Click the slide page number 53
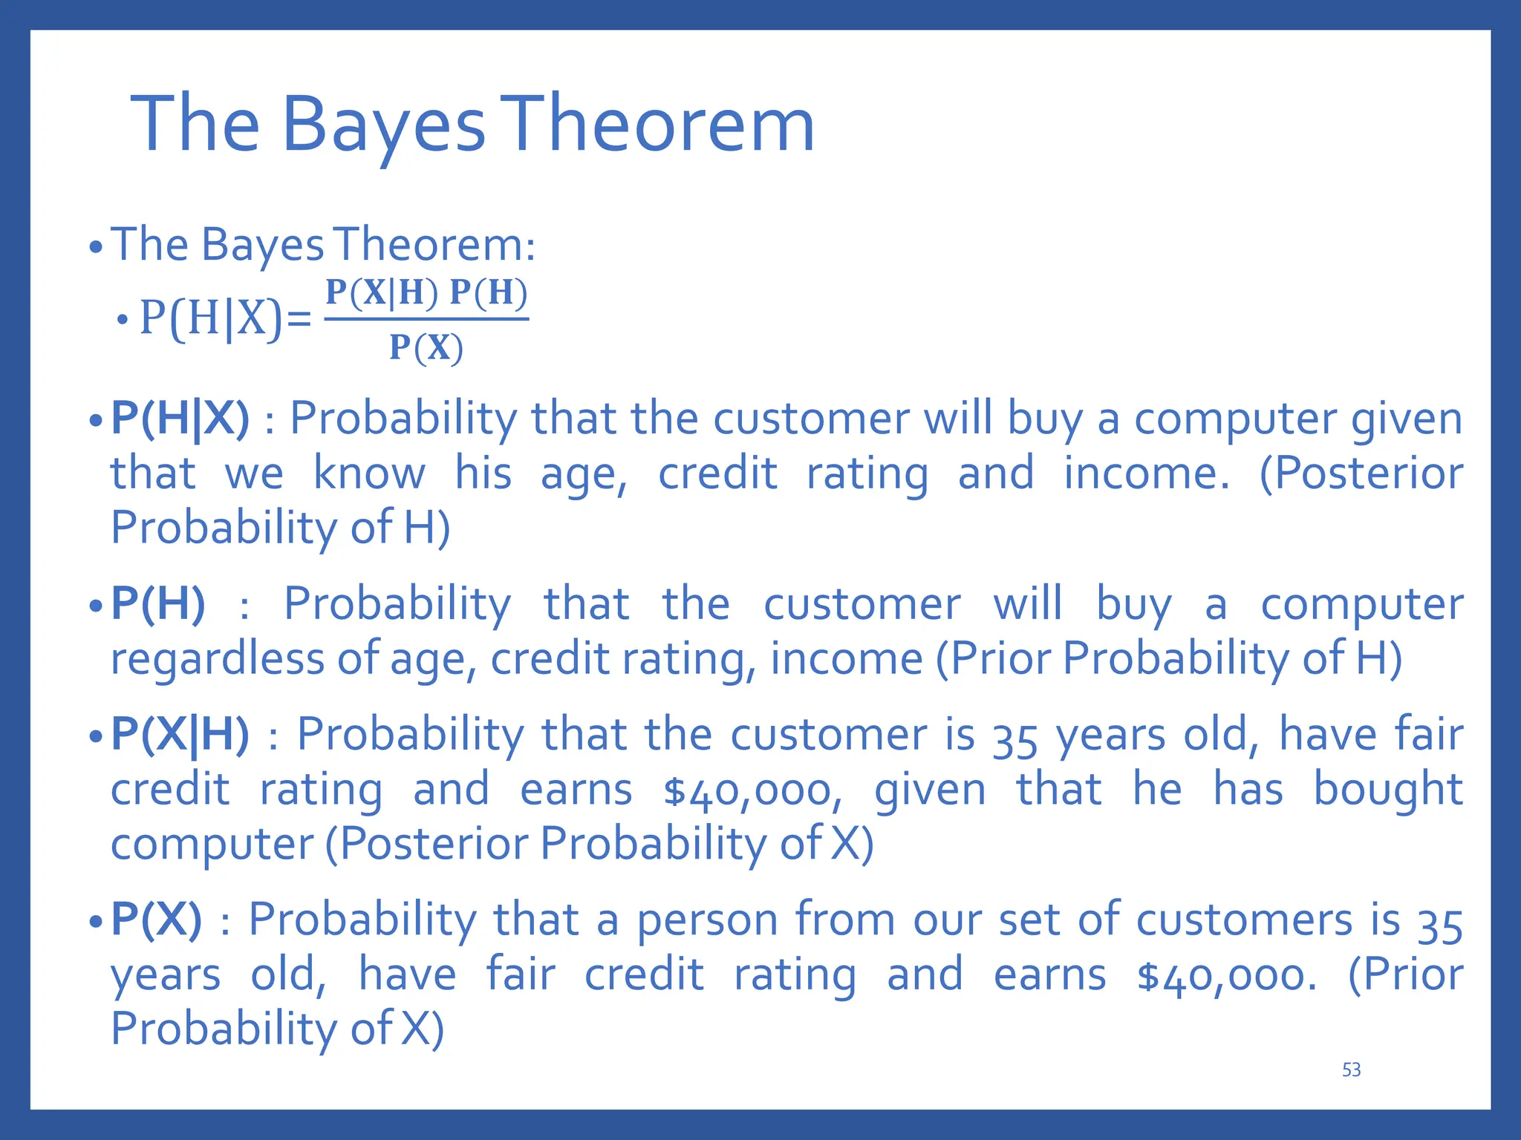(x=1351, y=1069)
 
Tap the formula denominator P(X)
(x=426, y=347)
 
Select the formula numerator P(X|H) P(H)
(x=426, y=292)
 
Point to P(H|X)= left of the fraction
(x=225, y=319)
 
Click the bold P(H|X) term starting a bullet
(x=180, y=419)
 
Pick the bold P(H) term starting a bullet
(x=157, y=603)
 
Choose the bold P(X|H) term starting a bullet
(x=180, y=735)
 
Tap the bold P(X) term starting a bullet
(x=156, y=920)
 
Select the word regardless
(x=217, y=658)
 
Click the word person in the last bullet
(x=707, y=920)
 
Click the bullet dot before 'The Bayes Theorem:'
(x=94, y=247)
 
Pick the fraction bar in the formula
(x=426, y=319)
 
